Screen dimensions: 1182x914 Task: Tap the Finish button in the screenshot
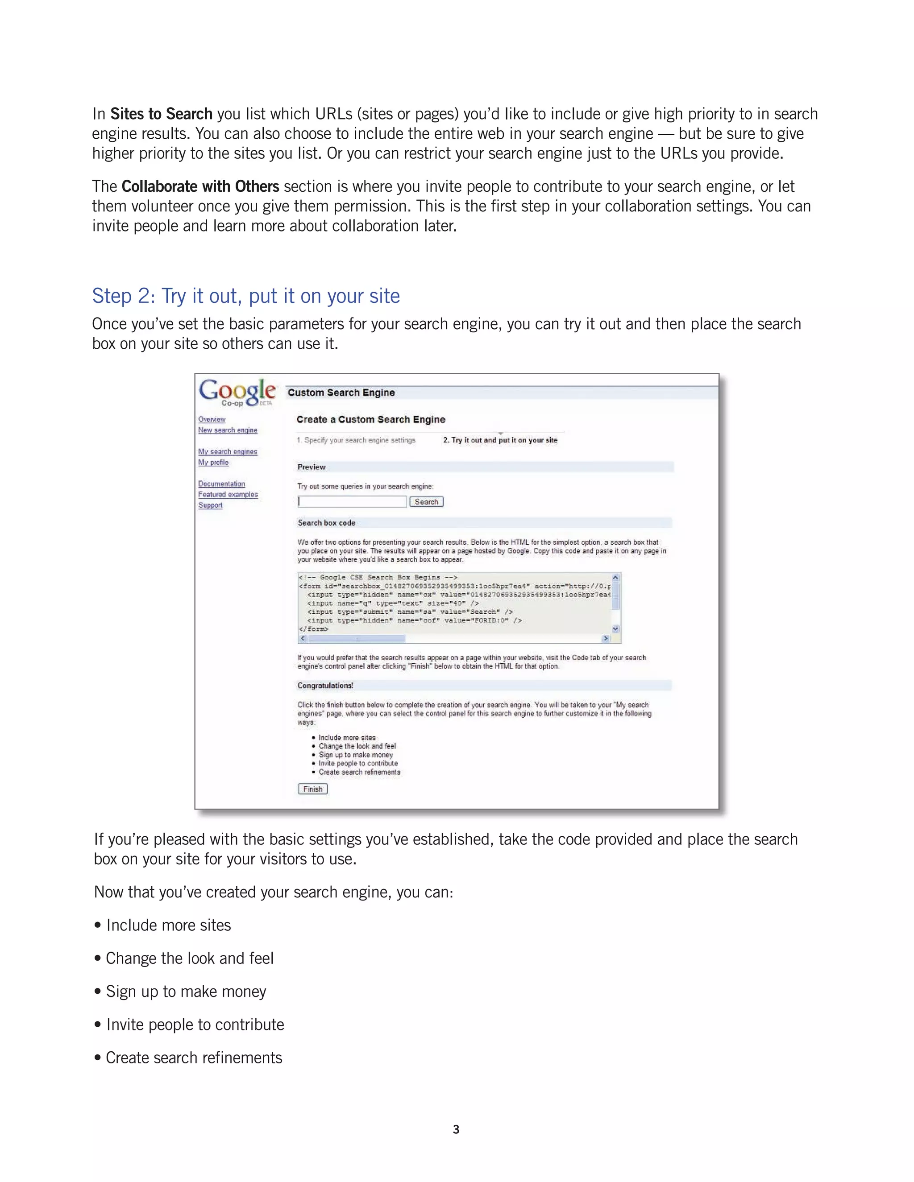click(312, 789)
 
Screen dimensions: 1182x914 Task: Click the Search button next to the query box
click(426, 502)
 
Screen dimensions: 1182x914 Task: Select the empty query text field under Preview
click(352, 502)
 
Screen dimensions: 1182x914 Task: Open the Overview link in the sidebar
click(212, 419)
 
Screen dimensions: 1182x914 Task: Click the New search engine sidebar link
click(228, 430)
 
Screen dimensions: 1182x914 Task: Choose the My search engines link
click(228, 451)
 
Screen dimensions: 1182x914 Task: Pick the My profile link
click(213, 462)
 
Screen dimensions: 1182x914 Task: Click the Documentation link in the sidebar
click(221, 484)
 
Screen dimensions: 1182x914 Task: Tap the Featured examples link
click(228, 495)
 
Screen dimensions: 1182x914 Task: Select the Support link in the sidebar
click(210, 505)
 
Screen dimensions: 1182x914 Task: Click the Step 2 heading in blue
click(246, 296)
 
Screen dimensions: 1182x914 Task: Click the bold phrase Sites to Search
click(162, 114)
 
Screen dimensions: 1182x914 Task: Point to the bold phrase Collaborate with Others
click(200, 187)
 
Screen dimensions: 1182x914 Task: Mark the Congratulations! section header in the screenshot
click(325, 685)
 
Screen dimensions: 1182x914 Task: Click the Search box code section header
click(327, 523)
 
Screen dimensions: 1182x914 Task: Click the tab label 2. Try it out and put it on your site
click(500, 440)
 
